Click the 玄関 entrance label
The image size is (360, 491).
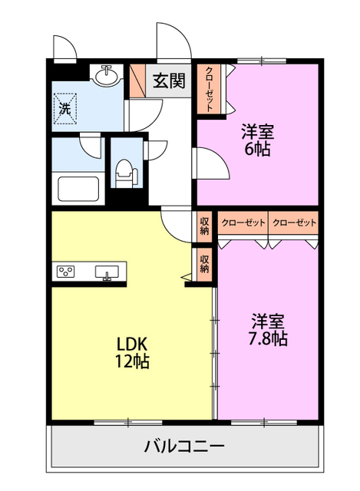169,81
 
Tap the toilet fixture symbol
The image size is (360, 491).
126,173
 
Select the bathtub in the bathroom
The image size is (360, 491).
78,189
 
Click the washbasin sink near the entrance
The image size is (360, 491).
107,75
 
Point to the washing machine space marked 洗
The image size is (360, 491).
65,108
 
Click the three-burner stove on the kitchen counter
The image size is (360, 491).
65,271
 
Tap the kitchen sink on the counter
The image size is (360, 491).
107,272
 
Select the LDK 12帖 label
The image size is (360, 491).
132,352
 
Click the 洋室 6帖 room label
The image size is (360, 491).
258,140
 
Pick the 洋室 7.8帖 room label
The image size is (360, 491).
268,329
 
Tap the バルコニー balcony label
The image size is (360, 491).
184,446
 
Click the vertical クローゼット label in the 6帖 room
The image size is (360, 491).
209,89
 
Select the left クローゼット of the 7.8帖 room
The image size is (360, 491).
243,222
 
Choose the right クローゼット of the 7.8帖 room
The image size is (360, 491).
294,222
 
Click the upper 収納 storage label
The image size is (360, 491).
205,226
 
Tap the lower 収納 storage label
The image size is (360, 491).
205,264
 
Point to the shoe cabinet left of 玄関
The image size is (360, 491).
137,81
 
